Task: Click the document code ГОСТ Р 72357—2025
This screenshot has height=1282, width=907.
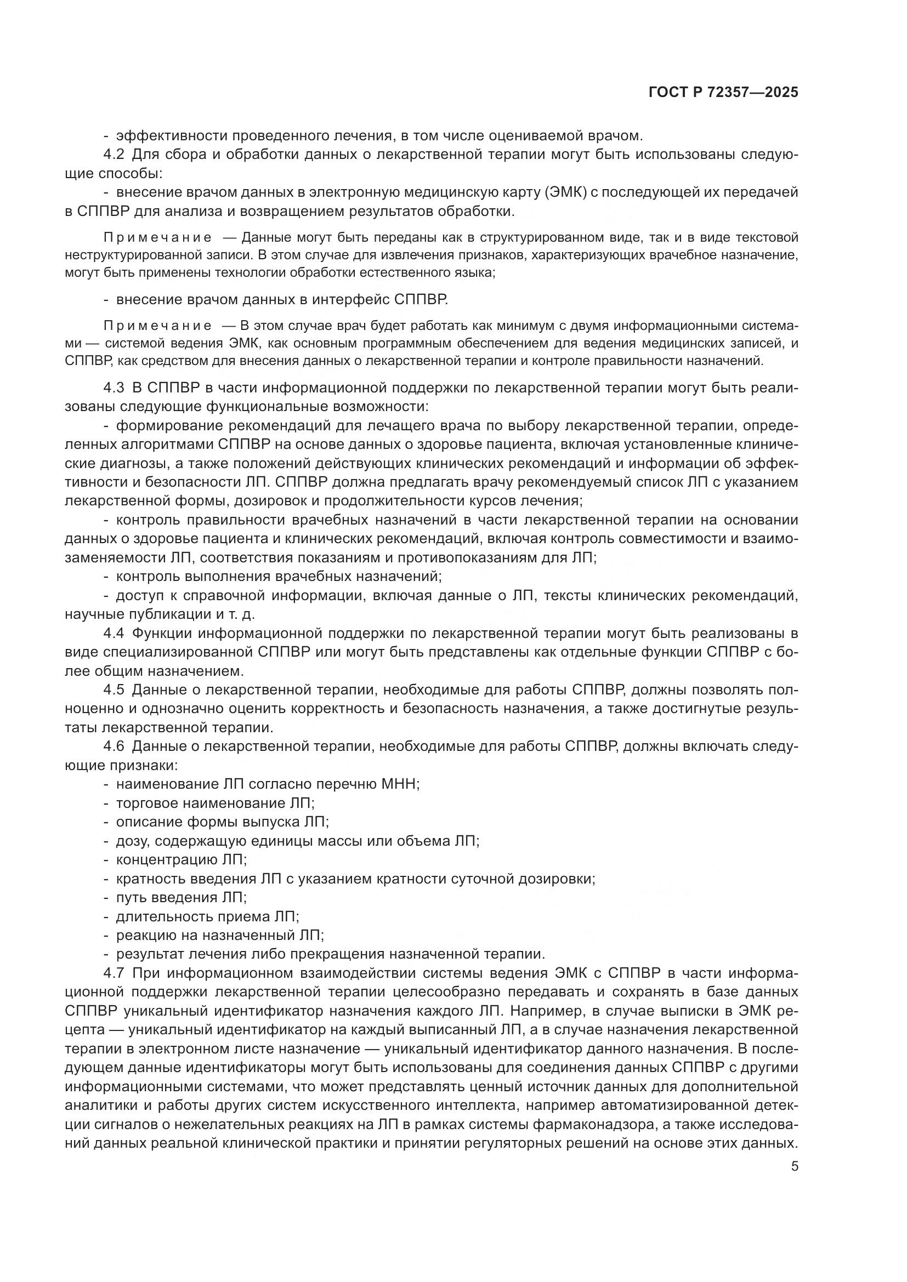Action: (723, 93)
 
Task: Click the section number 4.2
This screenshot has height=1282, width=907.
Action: (114, 155)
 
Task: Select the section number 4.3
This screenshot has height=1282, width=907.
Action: (114, 388)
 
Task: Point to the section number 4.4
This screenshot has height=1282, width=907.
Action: (114, 633)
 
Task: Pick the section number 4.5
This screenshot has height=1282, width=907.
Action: (114, 690)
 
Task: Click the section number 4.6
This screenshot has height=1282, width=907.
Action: (114, 746)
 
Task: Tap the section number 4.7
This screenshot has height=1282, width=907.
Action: (114, 973)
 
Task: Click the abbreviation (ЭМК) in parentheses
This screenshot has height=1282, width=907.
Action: (567, 192)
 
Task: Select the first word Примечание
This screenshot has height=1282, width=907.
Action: (157, 238)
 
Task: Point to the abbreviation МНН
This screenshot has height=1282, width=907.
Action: (399, 784)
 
